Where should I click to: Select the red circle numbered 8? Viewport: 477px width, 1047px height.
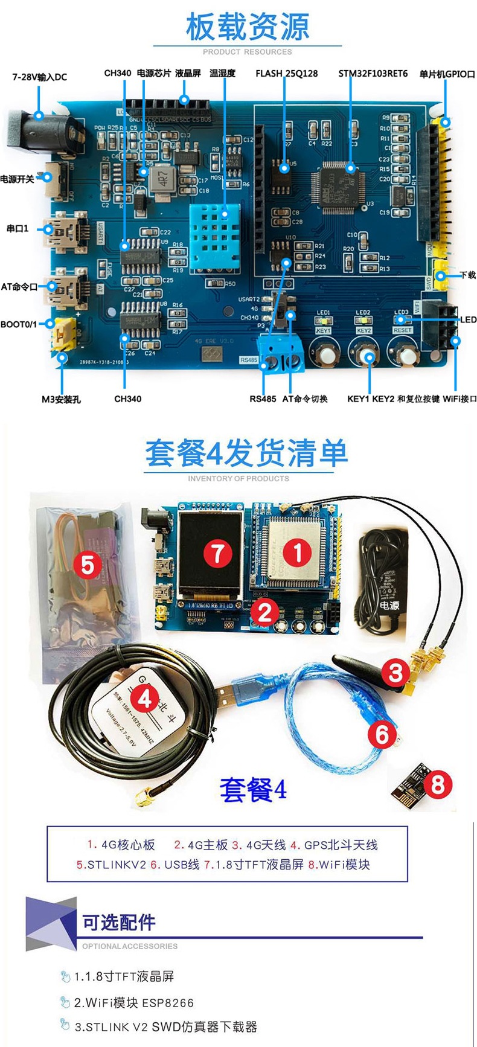(437, 784)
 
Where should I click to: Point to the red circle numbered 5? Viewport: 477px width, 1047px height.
(88, 565)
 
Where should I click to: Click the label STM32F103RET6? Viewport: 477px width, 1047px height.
(373, 74)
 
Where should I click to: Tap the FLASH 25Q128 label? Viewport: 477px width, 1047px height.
(286, 74)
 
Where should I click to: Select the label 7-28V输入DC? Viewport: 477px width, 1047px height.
(40, 77)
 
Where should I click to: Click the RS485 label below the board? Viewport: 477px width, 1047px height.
(263, 399)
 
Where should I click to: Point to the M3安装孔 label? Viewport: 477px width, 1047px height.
(61, 399)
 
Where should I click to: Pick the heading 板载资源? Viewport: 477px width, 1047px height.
(247, 27)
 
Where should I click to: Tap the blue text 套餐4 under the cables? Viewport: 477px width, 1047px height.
(253, 789)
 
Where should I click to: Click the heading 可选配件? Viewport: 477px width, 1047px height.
(119, 922)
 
